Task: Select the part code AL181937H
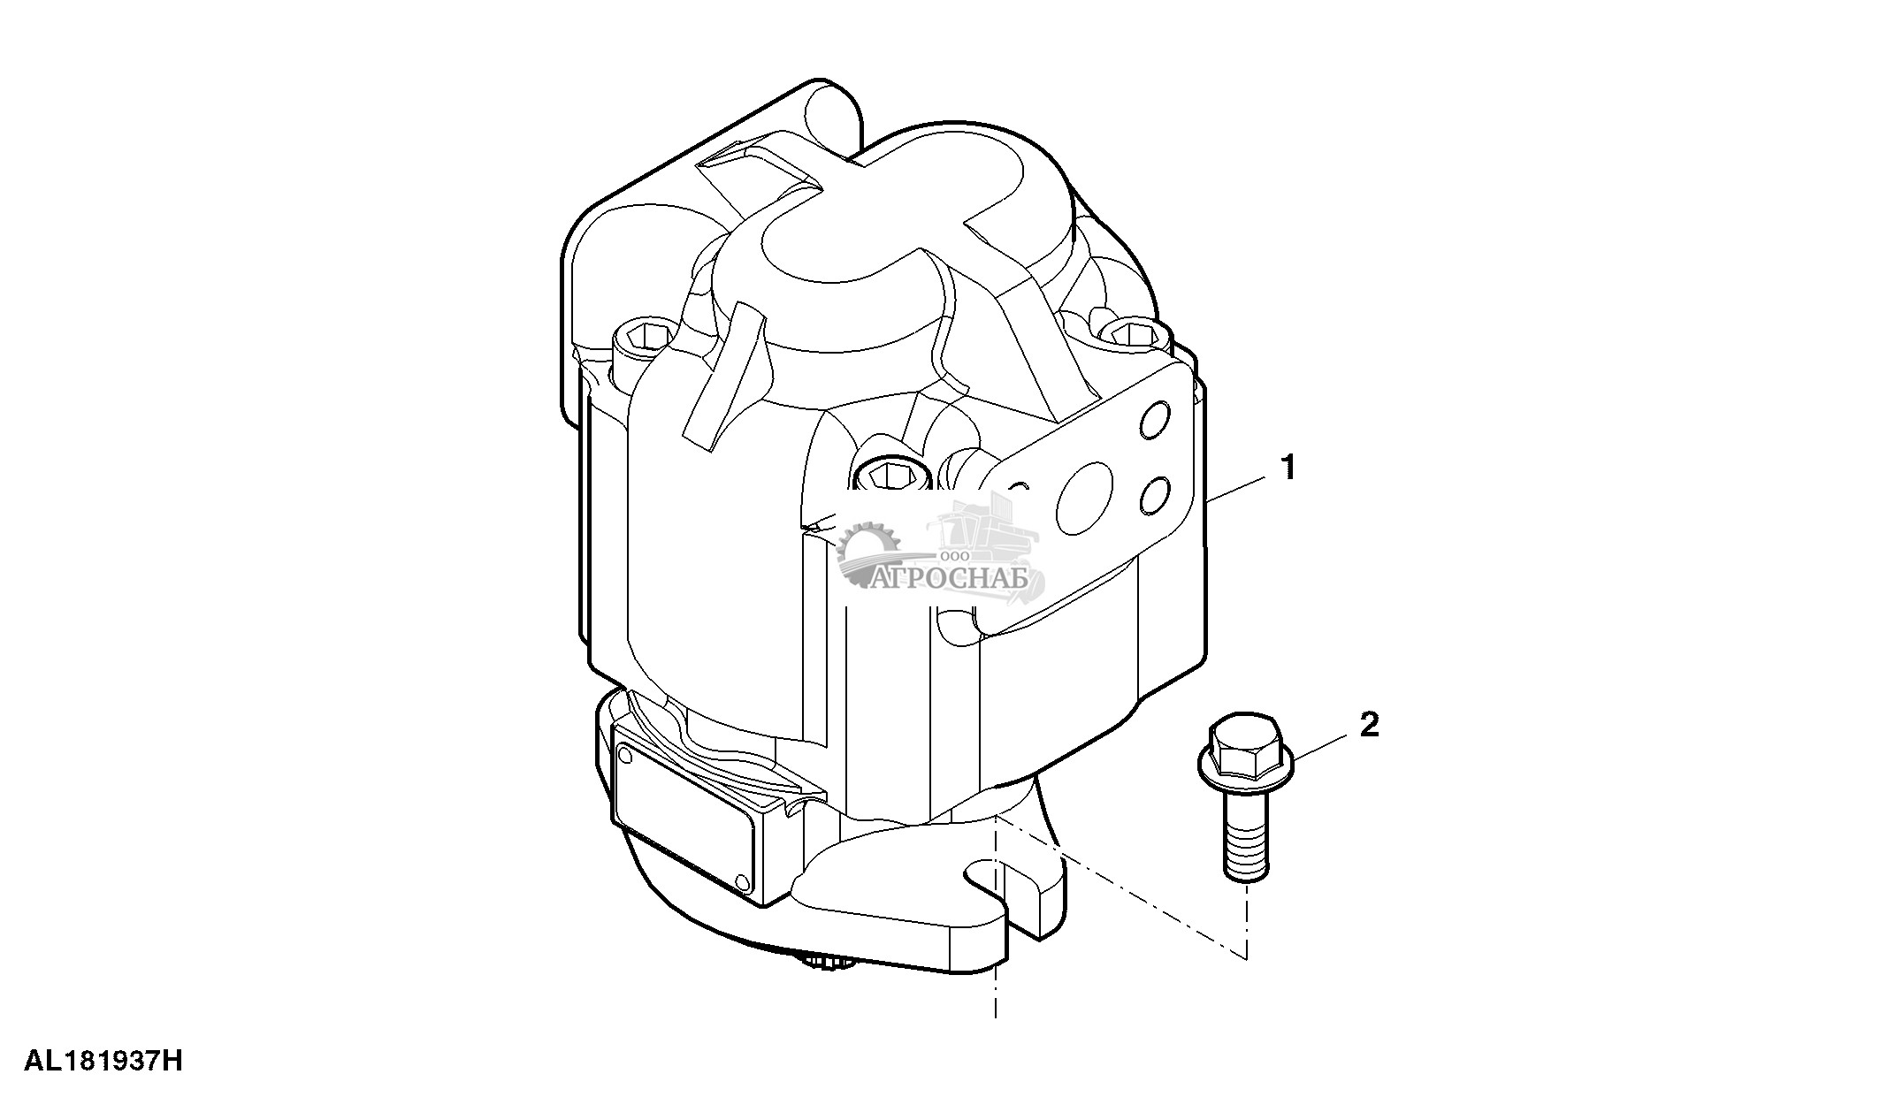click(x=103, y=1061)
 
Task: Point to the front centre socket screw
click(x=889, y=477)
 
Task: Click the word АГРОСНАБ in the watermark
click(x=952, y=579)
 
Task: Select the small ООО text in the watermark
click(x=957, y=555)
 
